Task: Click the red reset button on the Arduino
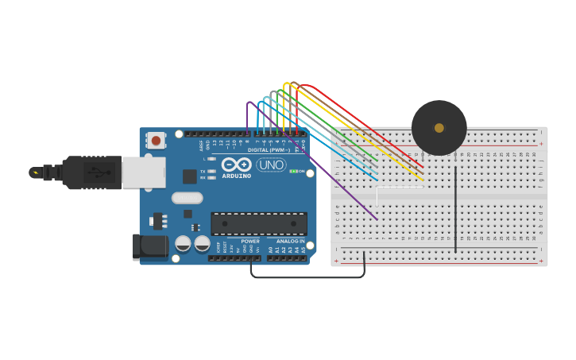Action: click(156, 141)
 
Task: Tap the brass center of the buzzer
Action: click(439, 128)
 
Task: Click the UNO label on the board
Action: click(271, 165)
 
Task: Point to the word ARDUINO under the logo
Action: click(237, 176)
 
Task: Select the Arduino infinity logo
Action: click(237, 165)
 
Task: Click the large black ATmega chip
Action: click(258, 223)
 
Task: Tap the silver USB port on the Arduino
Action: click(145, 172)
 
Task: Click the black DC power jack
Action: click(150, 246)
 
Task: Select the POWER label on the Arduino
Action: click(250, 241)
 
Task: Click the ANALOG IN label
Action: click(290, 241)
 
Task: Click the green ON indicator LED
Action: click(292, 171)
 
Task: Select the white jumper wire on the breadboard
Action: click(400, 188)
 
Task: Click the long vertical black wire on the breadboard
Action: click(455, 211)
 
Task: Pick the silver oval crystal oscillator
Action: click(187, 198)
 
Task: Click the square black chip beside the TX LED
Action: click(190, 176)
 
